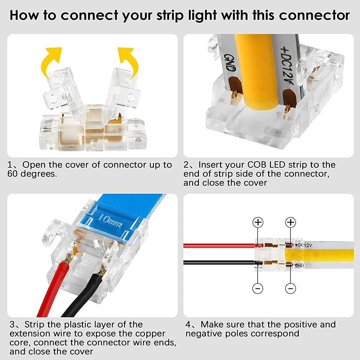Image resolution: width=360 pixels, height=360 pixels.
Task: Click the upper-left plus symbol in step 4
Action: coord(257,222)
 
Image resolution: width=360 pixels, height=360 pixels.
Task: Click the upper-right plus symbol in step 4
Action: coord(291,222)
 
